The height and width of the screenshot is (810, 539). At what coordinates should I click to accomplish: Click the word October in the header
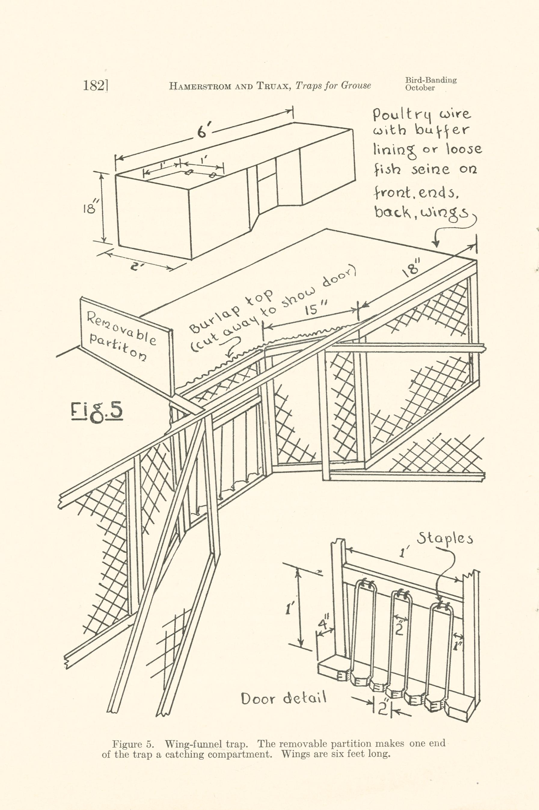click(x=420, y=88)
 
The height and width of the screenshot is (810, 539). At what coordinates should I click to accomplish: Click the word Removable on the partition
click(x=121, y=328)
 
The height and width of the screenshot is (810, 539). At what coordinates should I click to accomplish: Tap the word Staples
click(x=445, y=539)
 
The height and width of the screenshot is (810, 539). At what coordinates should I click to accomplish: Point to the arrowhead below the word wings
click(x=436, y=244)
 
